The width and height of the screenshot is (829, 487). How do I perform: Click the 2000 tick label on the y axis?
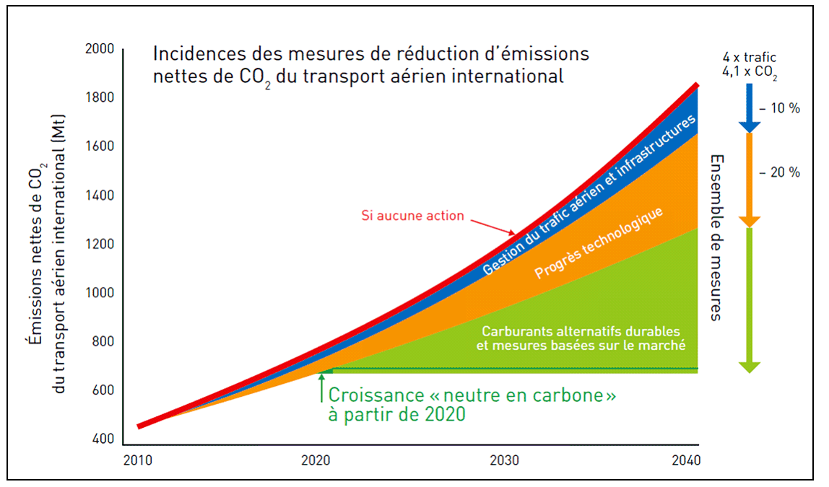tap(99, 50)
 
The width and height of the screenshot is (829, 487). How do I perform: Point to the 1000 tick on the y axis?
tap(99, 294)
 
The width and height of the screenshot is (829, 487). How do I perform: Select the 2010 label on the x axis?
tap(138, 460)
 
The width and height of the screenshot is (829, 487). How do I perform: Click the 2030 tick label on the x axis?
tap(504, 460)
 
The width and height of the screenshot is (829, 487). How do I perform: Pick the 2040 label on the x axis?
tap(685, 460)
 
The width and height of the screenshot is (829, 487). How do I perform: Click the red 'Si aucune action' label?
tap(412, 215)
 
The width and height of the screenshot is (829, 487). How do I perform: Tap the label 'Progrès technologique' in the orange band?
tap(599, 242)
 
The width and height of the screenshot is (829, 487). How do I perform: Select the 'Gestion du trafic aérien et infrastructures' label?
tap(589, 194)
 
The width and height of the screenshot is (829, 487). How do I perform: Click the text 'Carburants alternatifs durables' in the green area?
tap(581, 331)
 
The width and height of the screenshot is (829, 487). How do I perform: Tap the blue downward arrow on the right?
tap(750, 108)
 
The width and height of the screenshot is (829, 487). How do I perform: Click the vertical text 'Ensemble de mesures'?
tap(716, 237)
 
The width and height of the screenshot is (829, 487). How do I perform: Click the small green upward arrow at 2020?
tap(321, 387)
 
